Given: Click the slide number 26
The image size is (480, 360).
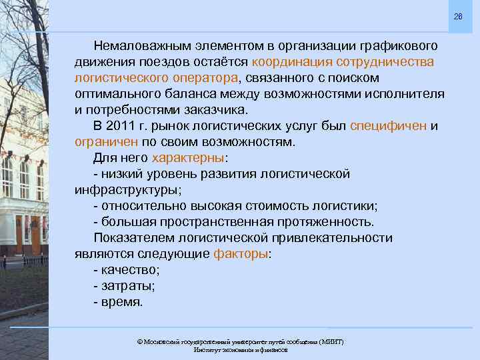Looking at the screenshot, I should (458, 16).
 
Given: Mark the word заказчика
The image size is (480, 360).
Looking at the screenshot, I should (214, 110).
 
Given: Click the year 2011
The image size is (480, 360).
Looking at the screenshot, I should (123, 126).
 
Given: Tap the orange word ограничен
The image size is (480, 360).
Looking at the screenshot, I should (106, 142).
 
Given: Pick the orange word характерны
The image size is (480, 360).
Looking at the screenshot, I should (189, 158).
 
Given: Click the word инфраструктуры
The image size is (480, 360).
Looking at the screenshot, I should (126, 190).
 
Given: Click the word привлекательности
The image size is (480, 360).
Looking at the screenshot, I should (331, 238).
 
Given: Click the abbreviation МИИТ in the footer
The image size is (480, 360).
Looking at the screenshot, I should (331, 342).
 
